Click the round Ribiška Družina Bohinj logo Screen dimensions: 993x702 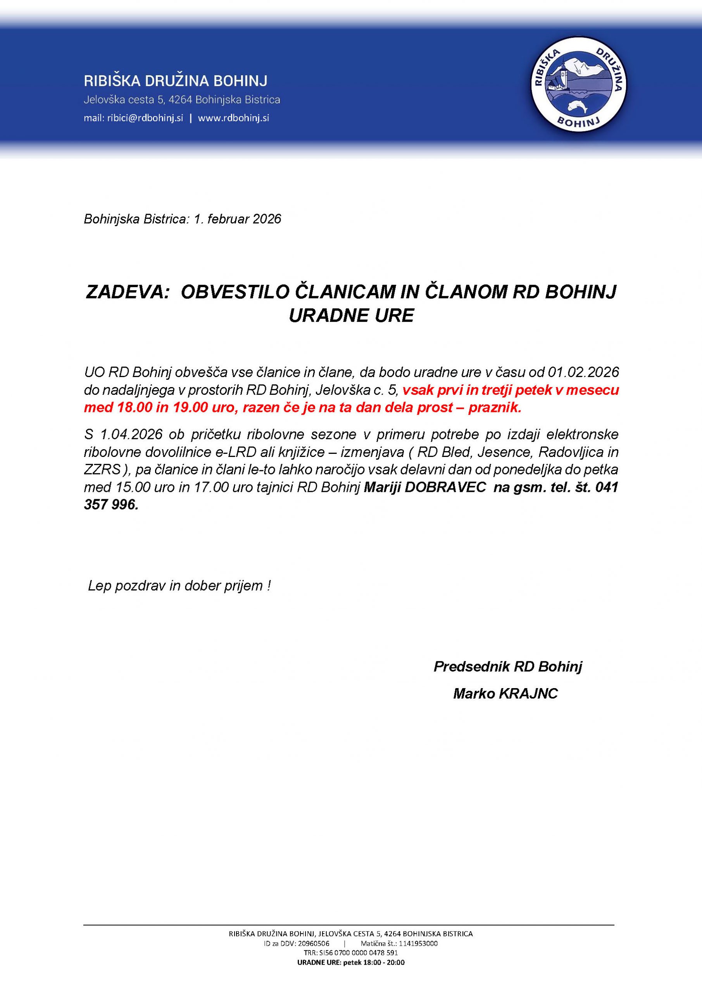point(578,83)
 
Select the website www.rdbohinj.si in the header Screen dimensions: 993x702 point(233,118)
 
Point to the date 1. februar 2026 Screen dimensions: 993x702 point(237,219)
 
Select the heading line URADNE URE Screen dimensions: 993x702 point(351,316)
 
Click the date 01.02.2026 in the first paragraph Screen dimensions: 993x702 point(583,372)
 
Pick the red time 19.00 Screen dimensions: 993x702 point(190,407)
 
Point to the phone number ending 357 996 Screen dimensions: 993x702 point(111,505)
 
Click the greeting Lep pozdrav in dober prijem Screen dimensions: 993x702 point(179,586)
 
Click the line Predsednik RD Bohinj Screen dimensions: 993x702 point(508,666)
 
